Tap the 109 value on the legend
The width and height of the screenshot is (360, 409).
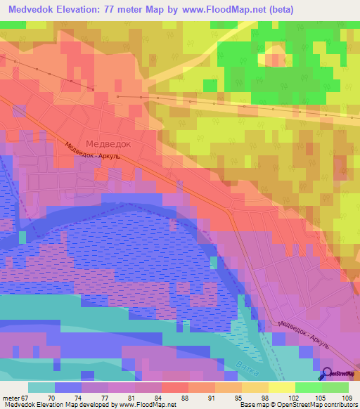[345, 398]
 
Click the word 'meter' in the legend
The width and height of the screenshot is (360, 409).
[10, 398]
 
